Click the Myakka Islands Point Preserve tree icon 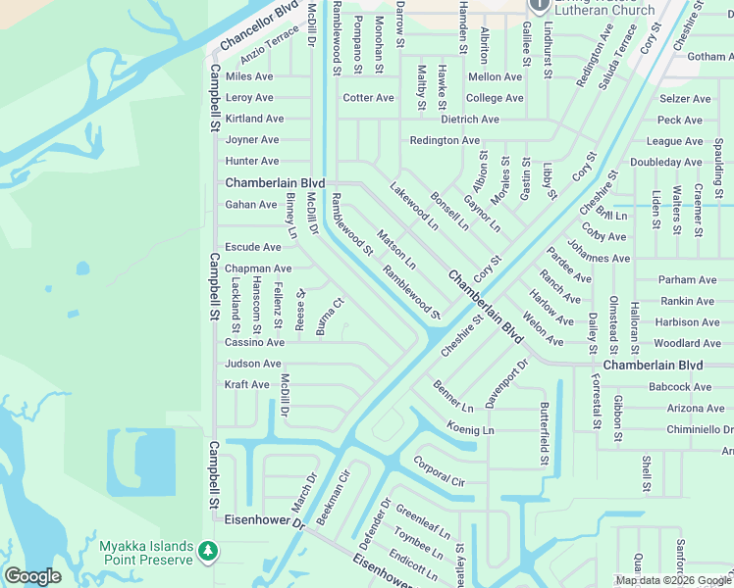[207, 552]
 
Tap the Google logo [32, 576]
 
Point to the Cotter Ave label [368, 98]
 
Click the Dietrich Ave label [469, 120]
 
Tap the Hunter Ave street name [252, 162]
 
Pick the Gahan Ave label [251, 205]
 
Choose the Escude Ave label [253, 248]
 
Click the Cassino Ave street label [254, 343]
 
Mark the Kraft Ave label [246, 385]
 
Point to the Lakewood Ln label [413, 205]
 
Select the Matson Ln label [396, 250]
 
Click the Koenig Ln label [470, 429]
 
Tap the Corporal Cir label [438, 471]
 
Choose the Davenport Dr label [506, 383]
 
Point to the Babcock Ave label [680, 387]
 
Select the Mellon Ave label [496, 76]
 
